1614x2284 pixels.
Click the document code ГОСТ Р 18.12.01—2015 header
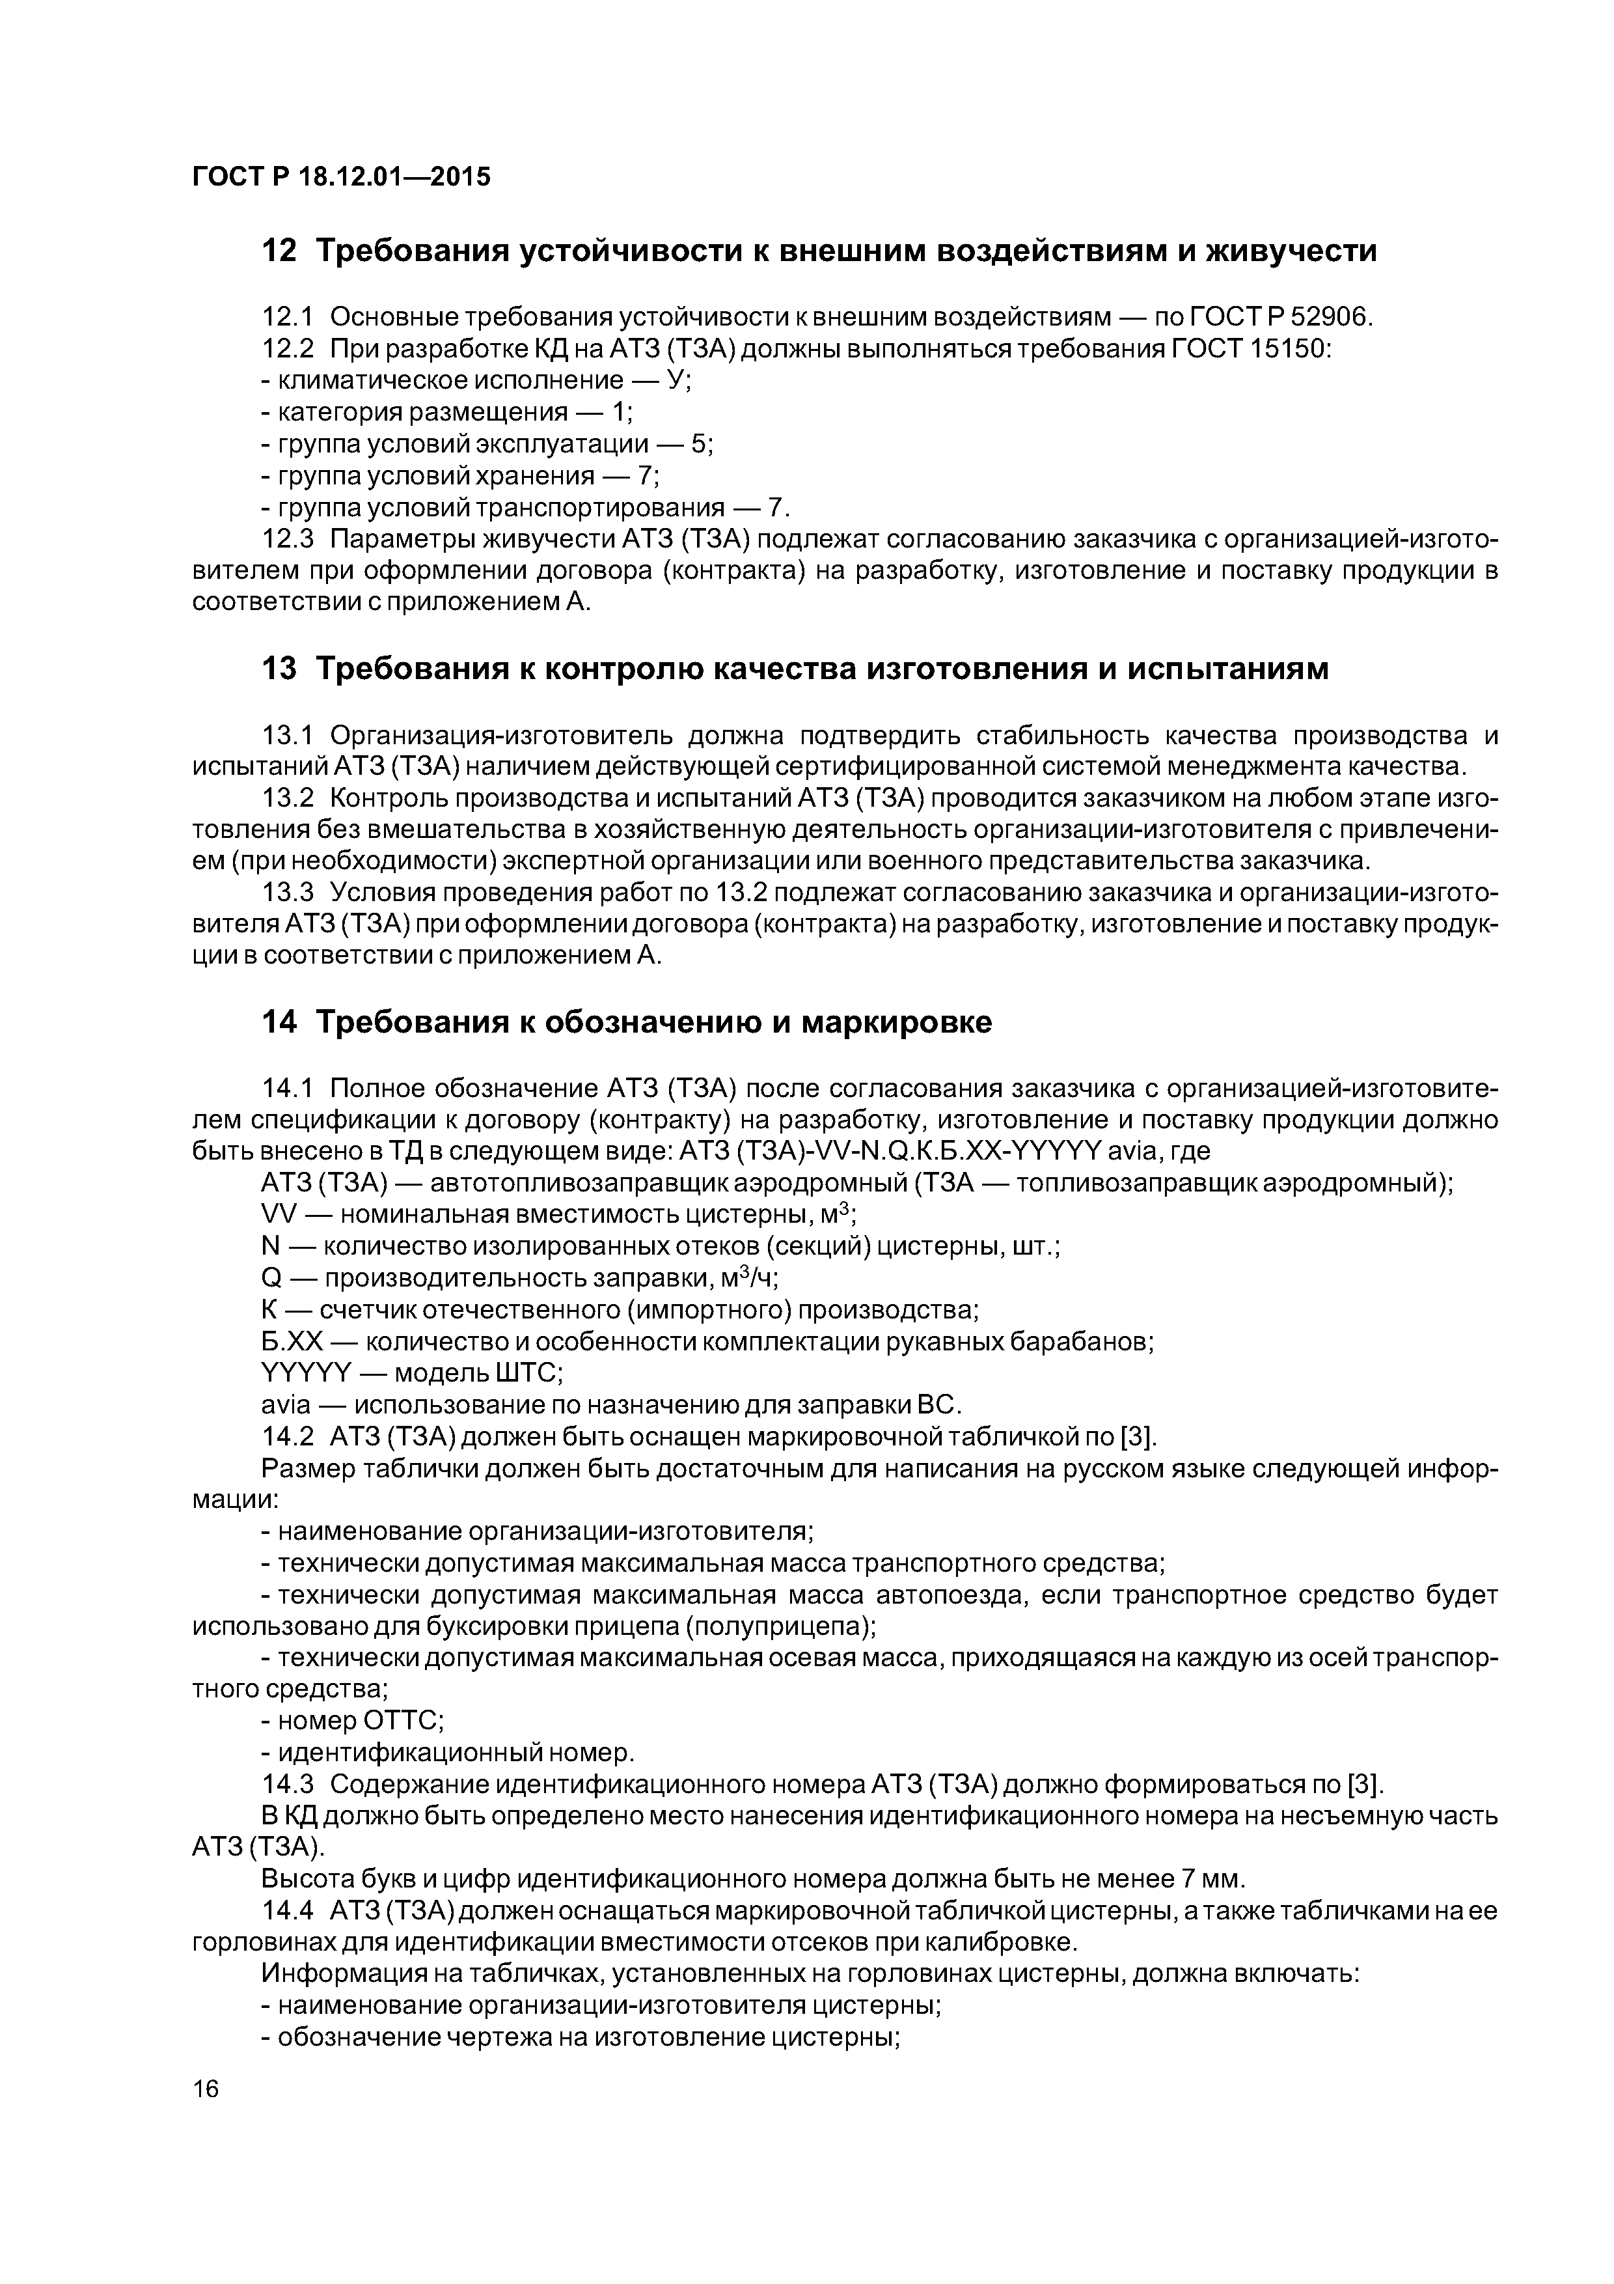(341, 177)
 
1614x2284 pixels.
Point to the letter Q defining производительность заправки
(271, 1278)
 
